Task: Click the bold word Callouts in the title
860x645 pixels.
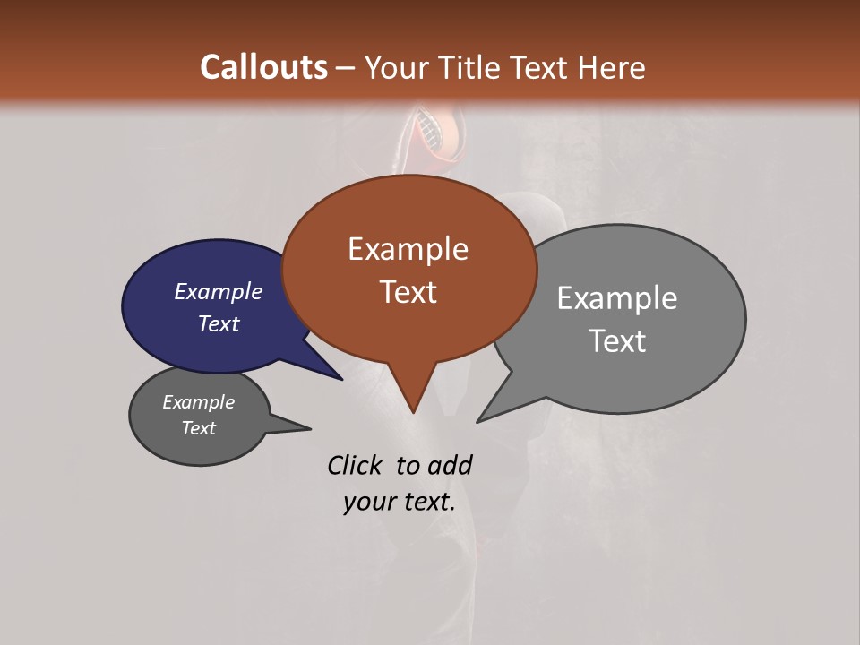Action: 263,67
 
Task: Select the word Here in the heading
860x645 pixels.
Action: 613,67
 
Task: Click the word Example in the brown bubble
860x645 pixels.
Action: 408,249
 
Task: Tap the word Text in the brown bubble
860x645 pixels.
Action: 408,292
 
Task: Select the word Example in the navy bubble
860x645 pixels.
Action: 219,292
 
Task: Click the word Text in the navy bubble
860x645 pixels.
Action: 219,324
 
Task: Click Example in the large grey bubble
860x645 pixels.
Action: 616,298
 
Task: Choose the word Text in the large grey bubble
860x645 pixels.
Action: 617,341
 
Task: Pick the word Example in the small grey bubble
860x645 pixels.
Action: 198,403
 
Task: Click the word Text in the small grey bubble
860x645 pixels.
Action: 198,428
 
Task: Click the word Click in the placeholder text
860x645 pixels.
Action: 354,465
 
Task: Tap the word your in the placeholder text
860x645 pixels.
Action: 368,502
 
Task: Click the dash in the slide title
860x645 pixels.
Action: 346,68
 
